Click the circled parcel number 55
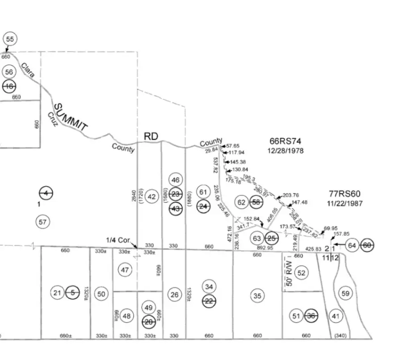(x=10, y=39)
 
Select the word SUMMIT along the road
(x=70, y=117)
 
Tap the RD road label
(x=151, y=136)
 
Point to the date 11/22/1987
(x=344, y=203)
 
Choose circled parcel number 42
(x=152, y=197)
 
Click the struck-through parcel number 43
(x=176, y=209)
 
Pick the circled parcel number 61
(x=203, y=192)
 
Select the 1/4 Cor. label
(x=118, y=240)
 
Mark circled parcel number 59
(x=345, y=293)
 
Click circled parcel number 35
(x=257, y=295)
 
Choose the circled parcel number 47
(x=125, y=269)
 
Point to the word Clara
(x=27, y=70)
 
